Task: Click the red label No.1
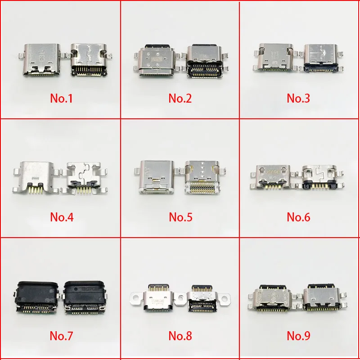[x=61, y=98]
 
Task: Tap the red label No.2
[x=180, y=98]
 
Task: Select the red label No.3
[x=299, y=98]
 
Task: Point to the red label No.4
[x=61, y=217]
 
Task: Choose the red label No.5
[x=180, y=217]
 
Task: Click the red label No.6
[x=299, y=217]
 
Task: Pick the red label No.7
[x=61, y=336]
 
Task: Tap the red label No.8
[x=180, y=336]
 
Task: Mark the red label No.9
[x=299, y=336]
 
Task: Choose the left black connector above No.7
[x=36, y=297]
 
